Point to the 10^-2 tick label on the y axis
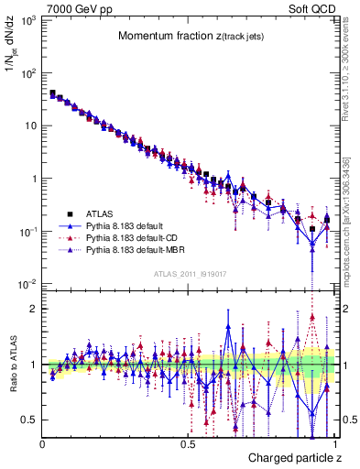pyautogui.click(x=27, y=284)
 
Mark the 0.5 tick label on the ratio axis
pyautogui.click(x=29, y=420)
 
